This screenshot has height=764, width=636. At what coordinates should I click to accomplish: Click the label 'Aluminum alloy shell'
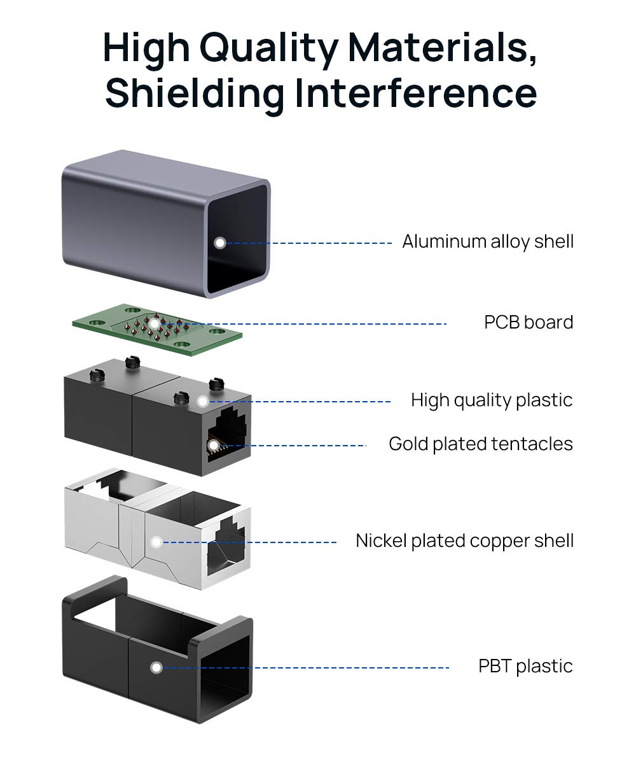[488, 242]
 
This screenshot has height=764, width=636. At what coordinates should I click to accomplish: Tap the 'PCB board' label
[529, 322]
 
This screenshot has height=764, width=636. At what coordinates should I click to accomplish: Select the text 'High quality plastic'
[492, 400]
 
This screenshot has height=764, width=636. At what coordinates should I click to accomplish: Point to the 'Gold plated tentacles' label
[481, 444]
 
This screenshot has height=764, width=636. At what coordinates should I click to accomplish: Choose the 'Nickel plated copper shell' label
[464, 541]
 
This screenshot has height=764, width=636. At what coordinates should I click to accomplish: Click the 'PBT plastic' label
[525, 666]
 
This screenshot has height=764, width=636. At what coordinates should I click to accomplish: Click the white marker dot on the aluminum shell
[220, 243]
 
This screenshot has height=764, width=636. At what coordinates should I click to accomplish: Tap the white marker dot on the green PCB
[155, 324]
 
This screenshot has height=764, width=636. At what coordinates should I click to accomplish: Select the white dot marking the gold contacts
[214, 445]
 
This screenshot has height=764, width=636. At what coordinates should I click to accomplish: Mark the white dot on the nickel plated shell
[156, 542]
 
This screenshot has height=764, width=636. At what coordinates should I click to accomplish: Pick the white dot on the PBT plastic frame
[156, 667]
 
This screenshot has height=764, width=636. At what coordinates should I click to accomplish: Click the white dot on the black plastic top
[202, 401]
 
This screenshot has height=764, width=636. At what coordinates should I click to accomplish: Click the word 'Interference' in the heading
[416, 92]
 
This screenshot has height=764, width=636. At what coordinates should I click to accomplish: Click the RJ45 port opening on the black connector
[227, 433]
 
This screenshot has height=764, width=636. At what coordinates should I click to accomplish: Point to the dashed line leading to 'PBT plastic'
[305, 667]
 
